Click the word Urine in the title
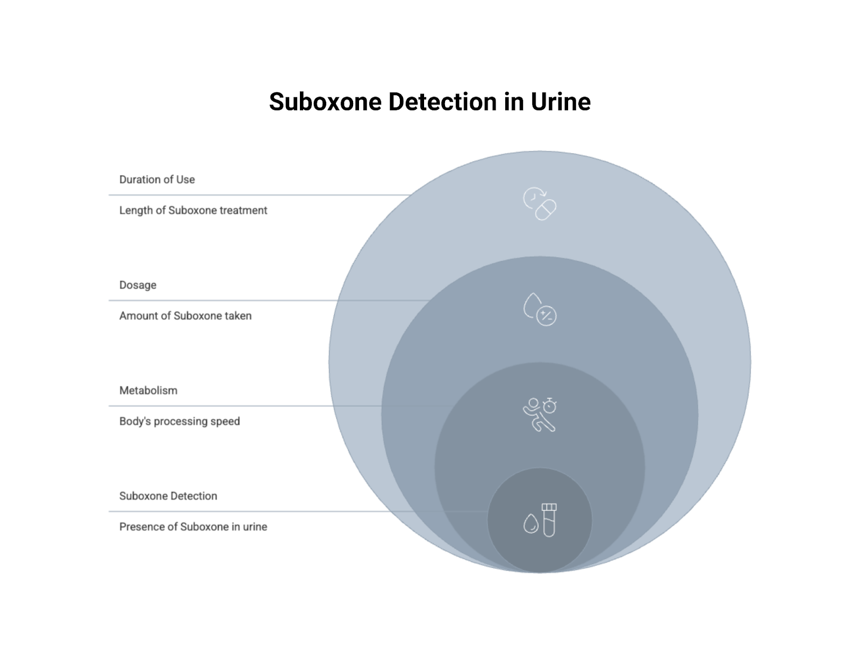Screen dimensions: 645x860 [561, 102]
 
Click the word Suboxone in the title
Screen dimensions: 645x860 [325, 102]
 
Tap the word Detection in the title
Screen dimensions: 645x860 [442, 102]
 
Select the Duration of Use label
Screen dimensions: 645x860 [157, 180]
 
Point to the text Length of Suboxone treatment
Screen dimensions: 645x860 [193, 210]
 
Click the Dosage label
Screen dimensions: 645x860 [138, 285]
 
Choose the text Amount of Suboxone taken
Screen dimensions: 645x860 [185, 316]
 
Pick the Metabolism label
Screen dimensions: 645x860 [148, 390]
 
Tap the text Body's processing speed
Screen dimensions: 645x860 [180, 421]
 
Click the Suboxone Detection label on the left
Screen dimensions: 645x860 [168, 496]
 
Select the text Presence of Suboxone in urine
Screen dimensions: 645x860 [193, 527]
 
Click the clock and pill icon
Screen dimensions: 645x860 [540, 203]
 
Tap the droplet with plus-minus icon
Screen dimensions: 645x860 [540, 309]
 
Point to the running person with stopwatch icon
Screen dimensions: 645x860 [540, 414]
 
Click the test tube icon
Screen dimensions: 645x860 [549, 520]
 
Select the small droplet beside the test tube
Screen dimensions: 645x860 [531, 524]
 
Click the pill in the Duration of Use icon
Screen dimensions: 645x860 [546, 210]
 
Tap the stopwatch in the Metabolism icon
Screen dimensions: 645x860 [549, 406]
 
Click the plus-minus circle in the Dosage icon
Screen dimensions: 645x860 [547, 316]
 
